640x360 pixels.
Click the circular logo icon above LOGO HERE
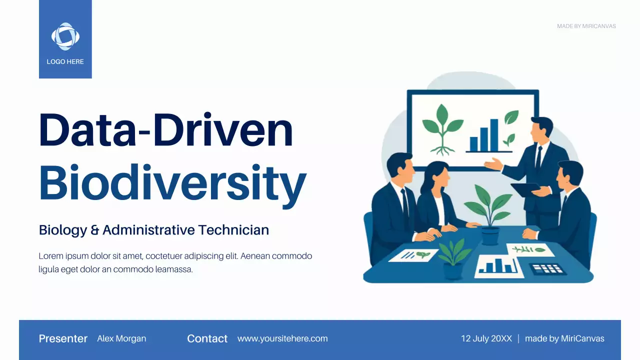[x=65, y=36]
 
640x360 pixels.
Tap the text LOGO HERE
[x=65, y=62]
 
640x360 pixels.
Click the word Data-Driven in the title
[x=165, y=130]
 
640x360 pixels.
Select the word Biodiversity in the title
[x=172, y=181]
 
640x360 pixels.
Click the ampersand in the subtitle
[x=95, y=230]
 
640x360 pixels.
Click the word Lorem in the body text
[x=50, y=256]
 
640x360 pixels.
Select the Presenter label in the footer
[x=63, y=338]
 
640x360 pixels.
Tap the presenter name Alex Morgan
[x=121, y=338]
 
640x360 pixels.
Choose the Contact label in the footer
[x=207, y=338]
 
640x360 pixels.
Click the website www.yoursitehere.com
[x=282, y=338]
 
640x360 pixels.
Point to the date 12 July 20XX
[x=486, y=338]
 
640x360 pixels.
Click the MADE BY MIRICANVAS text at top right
[x=586, y=26]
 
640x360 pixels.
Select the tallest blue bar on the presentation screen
[x=494, y=135]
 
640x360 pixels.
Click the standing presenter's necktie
[x=538, y=157]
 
